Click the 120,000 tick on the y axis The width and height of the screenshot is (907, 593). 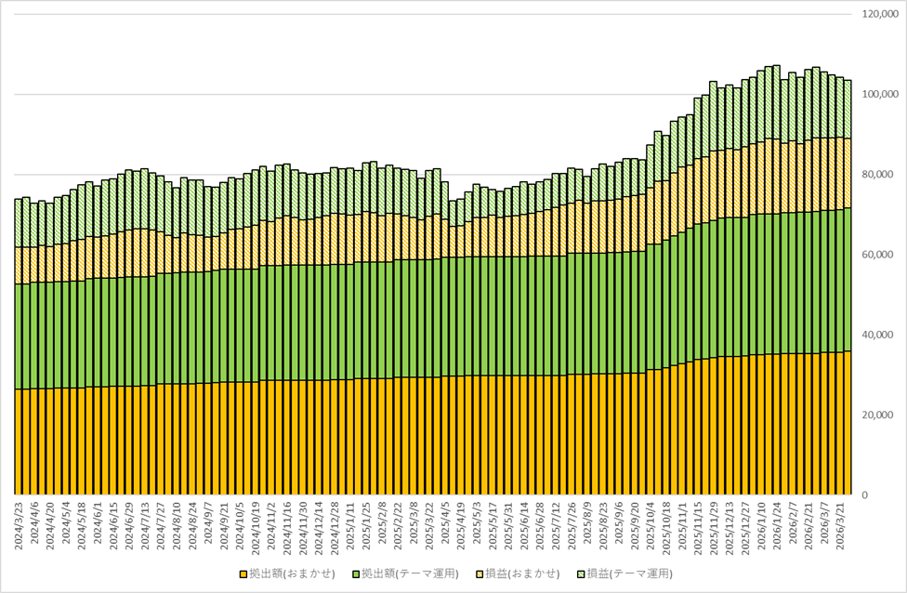tap(880, 15)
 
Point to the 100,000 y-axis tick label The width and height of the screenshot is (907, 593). tap(880, 94)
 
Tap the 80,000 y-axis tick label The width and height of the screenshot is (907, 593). tap(882, 175)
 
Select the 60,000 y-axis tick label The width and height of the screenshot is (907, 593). tap(882, 255)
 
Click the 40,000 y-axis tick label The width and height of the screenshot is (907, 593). tap(882, 335)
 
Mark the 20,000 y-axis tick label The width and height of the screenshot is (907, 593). tap(882, 415)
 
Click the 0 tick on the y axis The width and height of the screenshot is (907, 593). tap(865, 495)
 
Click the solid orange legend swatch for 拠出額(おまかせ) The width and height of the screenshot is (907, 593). tap(243, 574)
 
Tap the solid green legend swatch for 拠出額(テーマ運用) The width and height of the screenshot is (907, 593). tap(356, 574)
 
